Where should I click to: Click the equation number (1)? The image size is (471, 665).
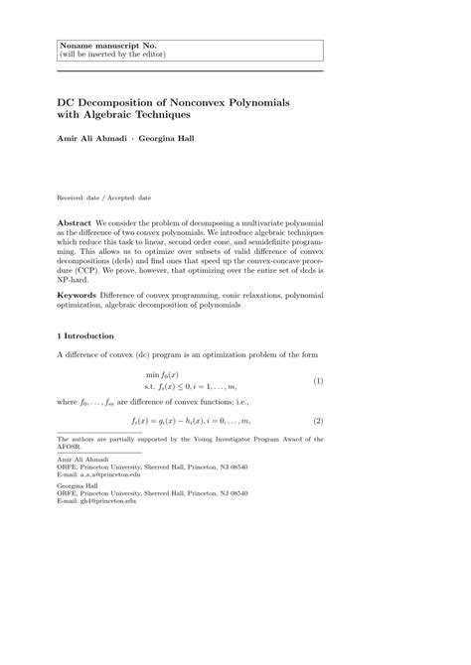tap(318, 380)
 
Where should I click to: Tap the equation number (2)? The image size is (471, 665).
tap(318, 421)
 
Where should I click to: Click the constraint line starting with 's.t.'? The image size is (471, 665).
tap(191, 385)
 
